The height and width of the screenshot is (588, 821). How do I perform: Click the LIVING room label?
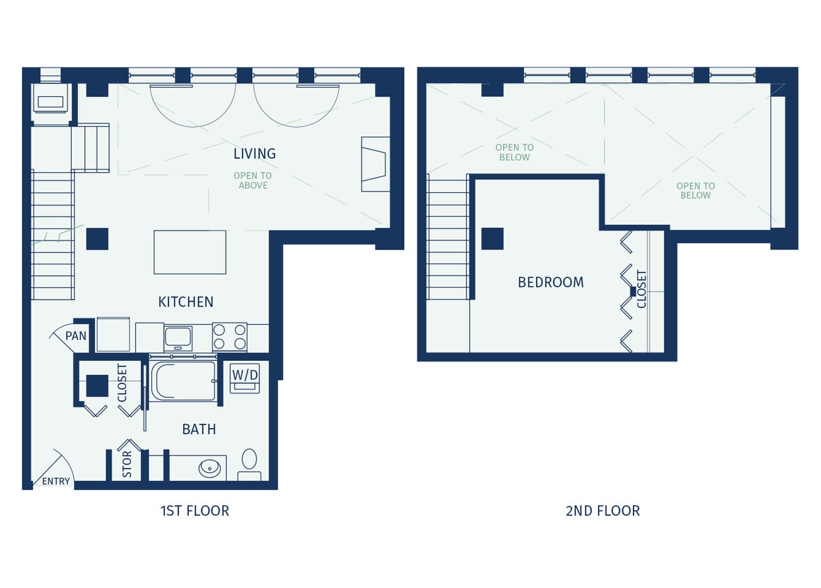point(254,153)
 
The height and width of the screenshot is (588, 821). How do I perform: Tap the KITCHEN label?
point(185,302)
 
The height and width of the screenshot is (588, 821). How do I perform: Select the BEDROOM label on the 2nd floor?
point(551,282)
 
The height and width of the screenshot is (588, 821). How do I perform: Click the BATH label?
point(199,429)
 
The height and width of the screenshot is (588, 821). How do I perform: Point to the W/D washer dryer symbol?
point(245,378)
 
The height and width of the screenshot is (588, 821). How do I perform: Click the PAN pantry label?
point(76,336)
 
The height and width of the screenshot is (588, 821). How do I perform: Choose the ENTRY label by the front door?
point(56,481)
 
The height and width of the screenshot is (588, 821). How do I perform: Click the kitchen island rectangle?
point(190,252)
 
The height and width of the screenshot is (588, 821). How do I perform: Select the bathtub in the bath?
point(183,381)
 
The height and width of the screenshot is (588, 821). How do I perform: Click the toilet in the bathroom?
point(249,463)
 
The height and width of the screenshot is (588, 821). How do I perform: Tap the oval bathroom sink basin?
point(209,467)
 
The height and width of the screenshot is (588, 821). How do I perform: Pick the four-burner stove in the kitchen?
point(229,337)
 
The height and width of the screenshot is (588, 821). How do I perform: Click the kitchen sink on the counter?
point(178,338)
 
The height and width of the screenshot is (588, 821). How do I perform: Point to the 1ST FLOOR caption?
point(194,511)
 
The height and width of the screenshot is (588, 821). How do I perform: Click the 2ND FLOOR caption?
point(602,511)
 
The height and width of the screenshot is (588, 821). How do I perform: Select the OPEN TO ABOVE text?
point(253,180)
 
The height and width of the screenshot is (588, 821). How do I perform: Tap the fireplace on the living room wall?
point(374,164)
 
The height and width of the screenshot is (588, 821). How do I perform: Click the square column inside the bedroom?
point(493,238)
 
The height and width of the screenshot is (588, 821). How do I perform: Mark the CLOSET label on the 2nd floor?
point(642,288)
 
